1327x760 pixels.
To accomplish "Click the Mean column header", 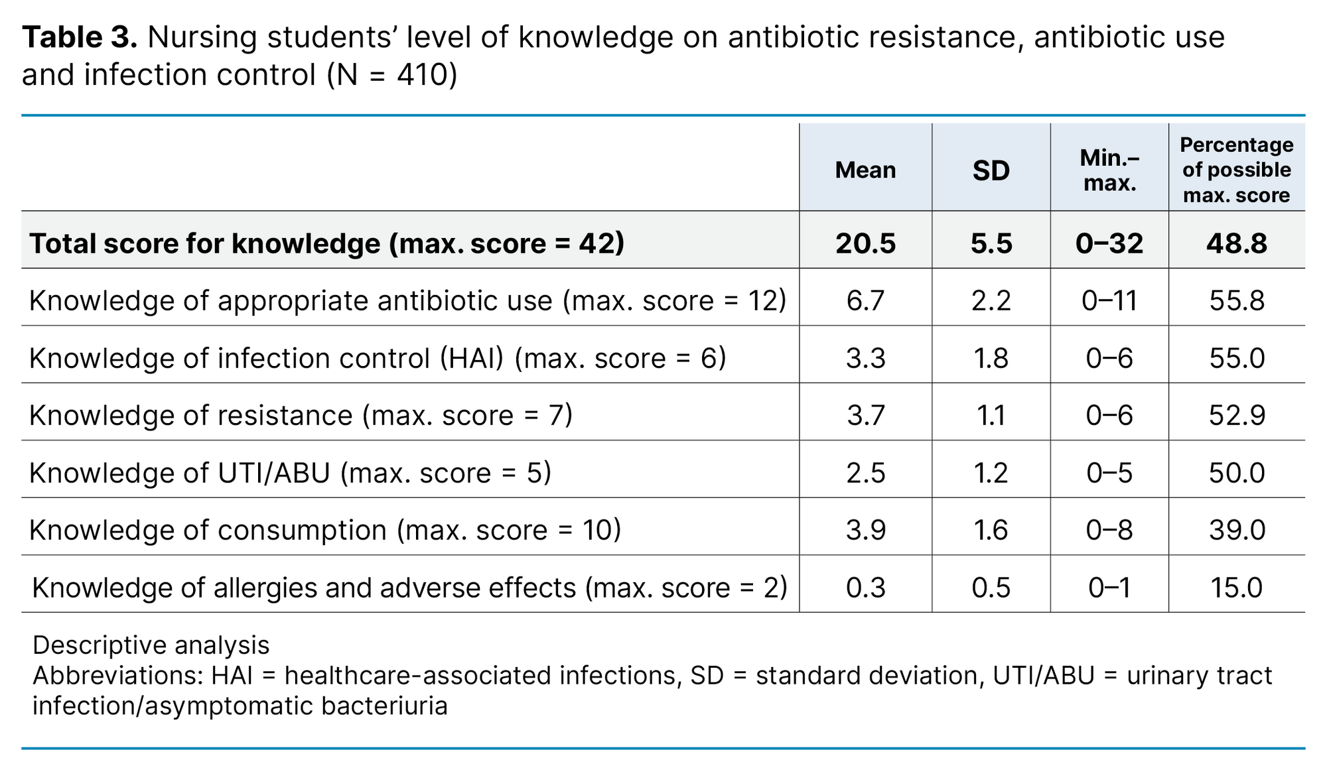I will click(x=865, y=170).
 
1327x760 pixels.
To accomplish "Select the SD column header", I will click(x=991, y=171).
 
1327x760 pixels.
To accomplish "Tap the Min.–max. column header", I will click(x=1109, y=170).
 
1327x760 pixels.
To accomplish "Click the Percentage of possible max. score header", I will click(x=1237, y=170).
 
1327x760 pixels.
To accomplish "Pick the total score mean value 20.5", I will click(x=865, y=243).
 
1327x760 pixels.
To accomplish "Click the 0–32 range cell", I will click(x=1109, y=243).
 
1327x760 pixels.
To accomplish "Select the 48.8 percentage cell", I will click(x=1237, y=243).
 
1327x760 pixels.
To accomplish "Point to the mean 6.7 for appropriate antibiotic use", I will click(x=865, y=301).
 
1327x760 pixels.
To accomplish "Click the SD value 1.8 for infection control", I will click(x=991, y=358).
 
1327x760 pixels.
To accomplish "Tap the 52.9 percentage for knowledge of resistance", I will click(x=1237, y=416).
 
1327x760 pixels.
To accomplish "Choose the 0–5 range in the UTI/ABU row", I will click(x=1109, y=473).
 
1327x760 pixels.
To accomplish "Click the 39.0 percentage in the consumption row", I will click(x=1237, y=531).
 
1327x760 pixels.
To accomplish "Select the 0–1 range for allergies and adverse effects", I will click(x=1109, y=588).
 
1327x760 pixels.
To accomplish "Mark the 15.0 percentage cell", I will click(x=1237, y=588).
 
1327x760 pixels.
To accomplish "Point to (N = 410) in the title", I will click(x=391, y=75).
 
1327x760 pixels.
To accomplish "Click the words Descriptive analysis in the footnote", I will click(x=151, y=645).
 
